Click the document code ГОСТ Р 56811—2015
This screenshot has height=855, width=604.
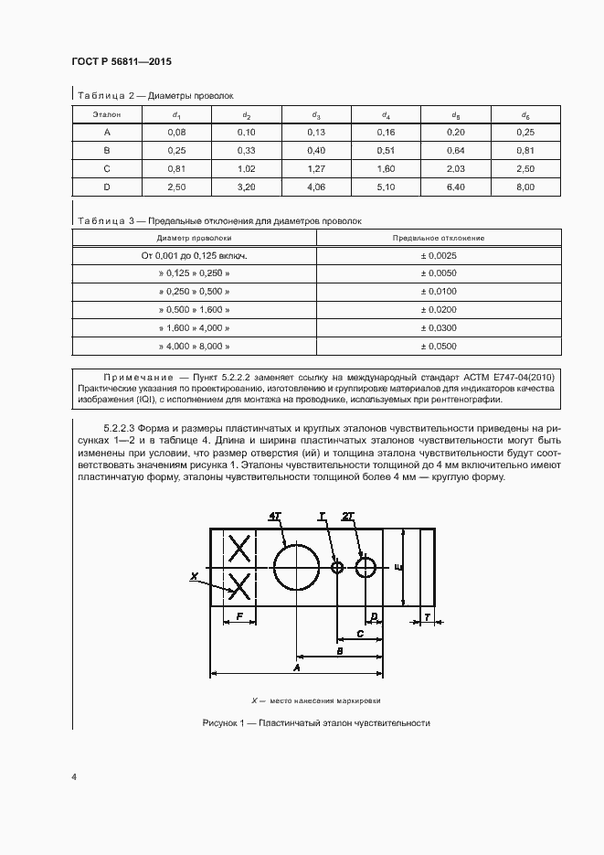(121, 61)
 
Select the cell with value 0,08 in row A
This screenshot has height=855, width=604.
(176, 133)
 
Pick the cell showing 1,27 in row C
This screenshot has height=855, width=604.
(315, 168)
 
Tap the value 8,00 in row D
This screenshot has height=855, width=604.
(525, 187)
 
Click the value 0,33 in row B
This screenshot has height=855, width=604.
(246, 150)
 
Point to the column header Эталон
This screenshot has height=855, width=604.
(107, 115)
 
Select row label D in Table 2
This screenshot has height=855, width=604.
(107, 187)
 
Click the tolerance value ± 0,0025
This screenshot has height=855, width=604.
(438, 256)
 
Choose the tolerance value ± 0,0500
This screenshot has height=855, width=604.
(438, 347)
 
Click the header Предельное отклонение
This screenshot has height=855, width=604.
(438, 238)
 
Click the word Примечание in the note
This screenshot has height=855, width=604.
(136, 376)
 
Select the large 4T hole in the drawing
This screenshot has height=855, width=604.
(295, 567)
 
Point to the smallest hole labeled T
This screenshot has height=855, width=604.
(337, 568)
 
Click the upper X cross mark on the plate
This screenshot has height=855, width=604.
(239, 549)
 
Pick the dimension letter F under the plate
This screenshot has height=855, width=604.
(239, 617)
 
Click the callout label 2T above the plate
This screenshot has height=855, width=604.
(348, 516)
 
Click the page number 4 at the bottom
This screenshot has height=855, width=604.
(74, 776)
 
